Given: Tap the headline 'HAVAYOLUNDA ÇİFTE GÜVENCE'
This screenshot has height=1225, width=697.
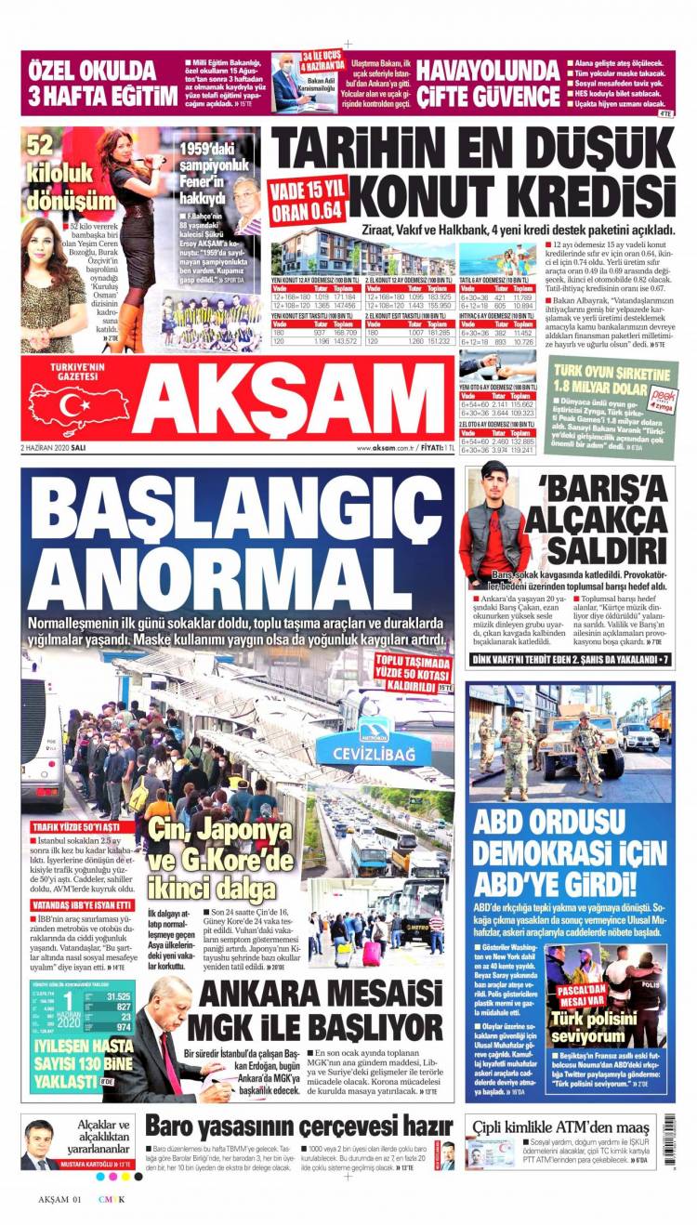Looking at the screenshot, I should (488, 83).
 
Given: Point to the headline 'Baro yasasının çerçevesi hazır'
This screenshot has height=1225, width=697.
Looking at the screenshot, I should (298, 1126).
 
